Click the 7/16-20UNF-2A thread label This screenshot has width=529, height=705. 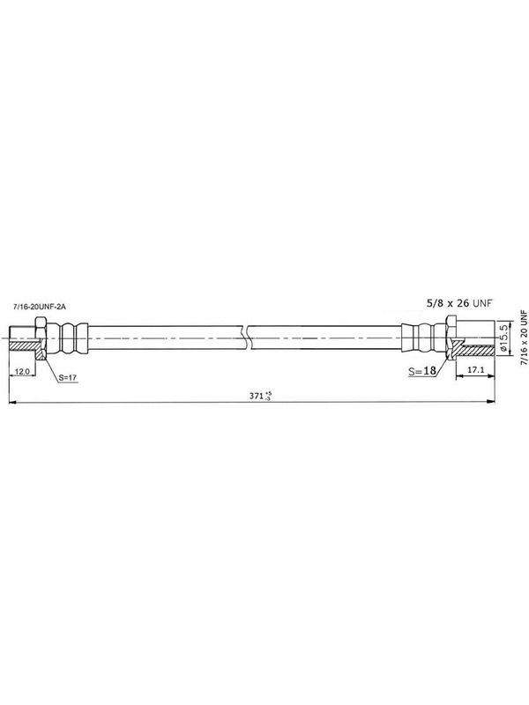40,307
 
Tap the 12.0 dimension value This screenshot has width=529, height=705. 22,371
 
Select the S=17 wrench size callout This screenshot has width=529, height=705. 68,378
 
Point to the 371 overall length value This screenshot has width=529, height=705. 257,396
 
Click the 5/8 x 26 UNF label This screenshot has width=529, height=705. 459,303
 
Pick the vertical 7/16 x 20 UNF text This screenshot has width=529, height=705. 524,337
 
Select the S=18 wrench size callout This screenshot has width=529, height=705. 422,370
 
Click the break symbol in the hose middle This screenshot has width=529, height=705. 246,338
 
